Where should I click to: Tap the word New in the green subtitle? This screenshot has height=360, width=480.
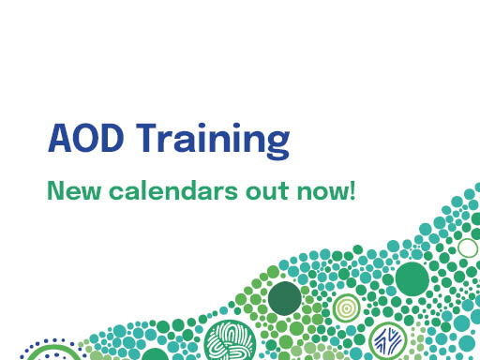69,193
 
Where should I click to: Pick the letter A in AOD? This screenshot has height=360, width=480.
59,141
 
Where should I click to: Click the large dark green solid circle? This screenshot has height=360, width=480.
285,299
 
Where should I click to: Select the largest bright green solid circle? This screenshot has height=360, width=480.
412,278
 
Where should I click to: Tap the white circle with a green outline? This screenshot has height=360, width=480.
467,248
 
